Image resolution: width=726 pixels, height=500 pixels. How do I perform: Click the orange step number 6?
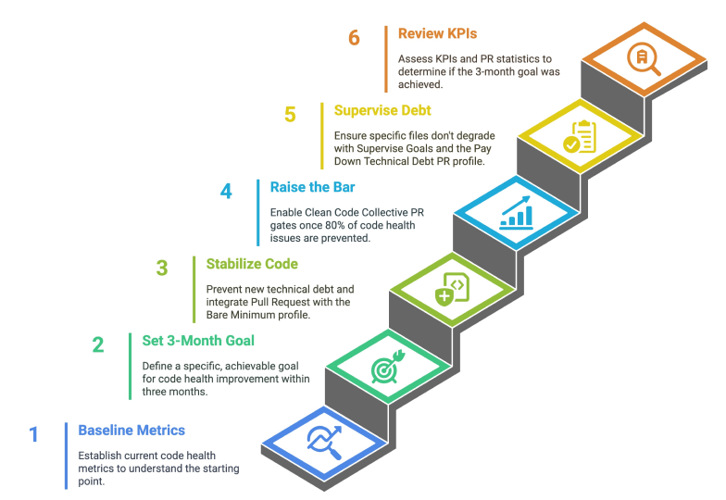354,38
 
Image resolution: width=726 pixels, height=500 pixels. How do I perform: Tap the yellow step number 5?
290,115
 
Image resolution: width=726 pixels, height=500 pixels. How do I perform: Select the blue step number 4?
226,191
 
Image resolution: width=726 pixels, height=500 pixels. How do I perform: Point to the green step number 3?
162,269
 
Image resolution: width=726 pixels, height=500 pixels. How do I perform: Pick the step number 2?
98,344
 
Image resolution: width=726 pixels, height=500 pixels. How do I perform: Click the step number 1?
33,434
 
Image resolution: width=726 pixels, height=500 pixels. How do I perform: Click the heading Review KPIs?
437,33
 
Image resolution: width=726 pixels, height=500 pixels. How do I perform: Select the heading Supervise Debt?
382,111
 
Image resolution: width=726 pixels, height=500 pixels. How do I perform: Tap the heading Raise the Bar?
313,187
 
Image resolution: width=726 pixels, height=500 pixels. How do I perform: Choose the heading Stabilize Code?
252,264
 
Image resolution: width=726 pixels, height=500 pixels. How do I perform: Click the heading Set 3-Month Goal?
198,341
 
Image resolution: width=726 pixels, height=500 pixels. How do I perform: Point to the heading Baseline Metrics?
131,431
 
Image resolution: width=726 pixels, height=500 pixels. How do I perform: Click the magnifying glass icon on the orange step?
644,59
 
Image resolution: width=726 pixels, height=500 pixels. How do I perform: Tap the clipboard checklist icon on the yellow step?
580,137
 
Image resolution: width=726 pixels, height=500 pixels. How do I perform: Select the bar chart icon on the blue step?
517,213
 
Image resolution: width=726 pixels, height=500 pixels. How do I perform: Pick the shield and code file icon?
452,289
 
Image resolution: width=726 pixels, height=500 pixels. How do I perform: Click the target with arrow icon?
388,367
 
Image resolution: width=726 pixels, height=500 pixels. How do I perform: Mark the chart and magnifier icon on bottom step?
324,443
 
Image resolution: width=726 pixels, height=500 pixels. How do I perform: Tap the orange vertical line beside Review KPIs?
385,59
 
